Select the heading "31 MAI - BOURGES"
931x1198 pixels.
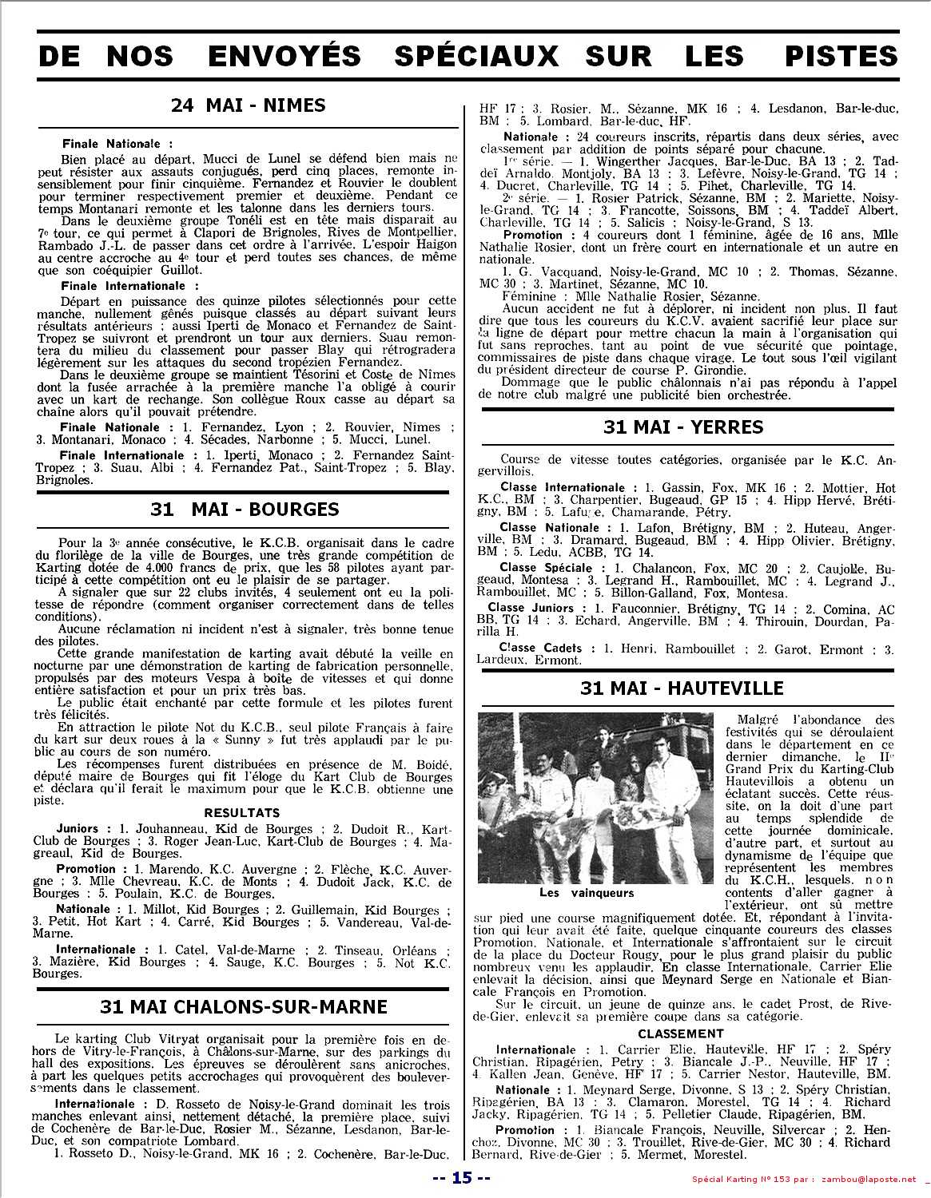point(245,510)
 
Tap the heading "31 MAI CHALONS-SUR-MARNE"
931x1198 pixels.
point(244,1006)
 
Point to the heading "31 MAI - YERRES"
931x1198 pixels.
point(683,427)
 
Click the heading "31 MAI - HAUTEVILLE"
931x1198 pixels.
point(682,688)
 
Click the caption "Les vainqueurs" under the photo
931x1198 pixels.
point(586,893)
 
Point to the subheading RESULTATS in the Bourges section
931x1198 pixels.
point(242,813)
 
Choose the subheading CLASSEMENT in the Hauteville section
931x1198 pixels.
point(681,1033)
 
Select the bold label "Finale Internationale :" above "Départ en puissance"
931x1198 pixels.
point(130,285)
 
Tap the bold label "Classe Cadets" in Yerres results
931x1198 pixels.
point(540,649)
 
